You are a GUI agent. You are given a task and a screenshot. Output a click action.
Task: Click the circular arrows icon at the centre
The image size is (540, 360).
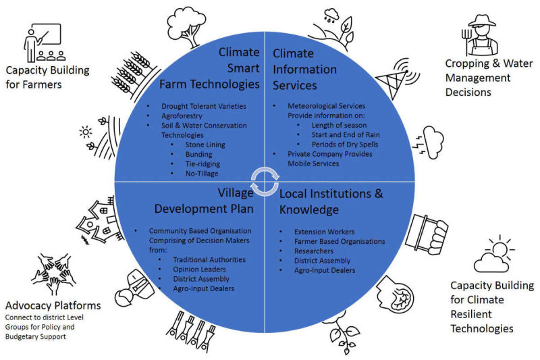click(265, 182)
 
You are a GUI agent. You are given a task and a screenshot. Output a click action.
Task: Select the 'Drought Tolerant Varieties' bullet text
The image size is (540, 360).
click(204, 106)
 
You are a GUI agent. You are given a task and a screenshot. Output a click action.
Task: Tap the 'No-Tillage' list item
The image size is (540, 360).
click(202, 174)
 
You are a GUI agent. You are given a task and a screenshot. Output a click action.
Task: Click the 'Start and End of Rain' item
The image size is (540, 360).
click(346, 134)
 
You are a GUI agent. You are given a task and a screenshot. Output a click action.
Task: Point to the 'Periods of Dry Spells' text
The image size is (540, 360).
click(345, 145)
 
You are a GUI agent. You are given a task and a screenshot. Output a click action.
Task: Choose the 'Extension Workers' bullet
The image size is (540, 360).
click(324, 232)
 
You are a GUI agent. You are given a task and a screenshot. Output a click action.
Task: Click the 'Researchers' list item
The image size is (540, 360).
click(314, 251)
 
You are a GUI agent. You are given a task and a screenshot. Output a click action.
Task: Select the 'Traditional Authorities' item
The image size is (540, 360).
click(209, 259)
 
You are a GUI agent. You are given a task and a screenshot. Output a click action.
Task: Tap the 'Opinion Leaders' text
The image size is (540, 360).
click(199, 269)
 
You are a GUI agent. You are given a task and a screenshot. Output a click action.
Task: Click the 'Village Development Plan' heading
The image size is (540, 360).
click(204, 201)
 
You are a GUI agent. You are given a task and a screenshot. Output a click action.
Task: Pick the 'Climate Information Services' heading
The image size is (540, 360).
click(304, 70)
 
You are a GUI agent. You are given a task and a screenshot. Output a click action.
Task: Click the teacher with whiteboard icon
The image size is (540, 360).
click(45, 43)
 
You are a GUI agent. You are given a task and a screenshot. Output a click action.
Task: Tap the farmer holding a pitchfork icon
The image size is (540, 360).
click(480, 36)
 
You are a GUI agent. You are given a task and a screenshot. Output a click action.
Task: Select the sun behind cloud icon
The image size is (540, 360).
click(494, 254)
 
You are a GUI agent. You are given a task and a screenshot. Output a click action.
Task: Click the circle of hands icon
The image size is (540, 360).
click(54, 274)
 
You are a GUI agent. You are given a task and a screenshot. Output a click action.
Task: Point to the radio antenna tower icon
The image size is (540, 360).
click(397, 78)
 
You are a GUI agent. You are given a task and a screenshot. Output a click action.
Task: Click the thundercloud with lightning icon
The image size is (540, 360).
click(428, 142)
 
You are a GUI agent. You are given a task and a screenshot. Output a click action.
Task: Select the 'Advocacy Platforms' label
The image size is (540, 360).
click(53, 305)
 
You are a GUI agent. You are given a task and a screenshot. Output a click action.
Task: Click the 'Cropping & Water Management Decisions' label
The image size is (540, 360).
click(489, 78)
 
